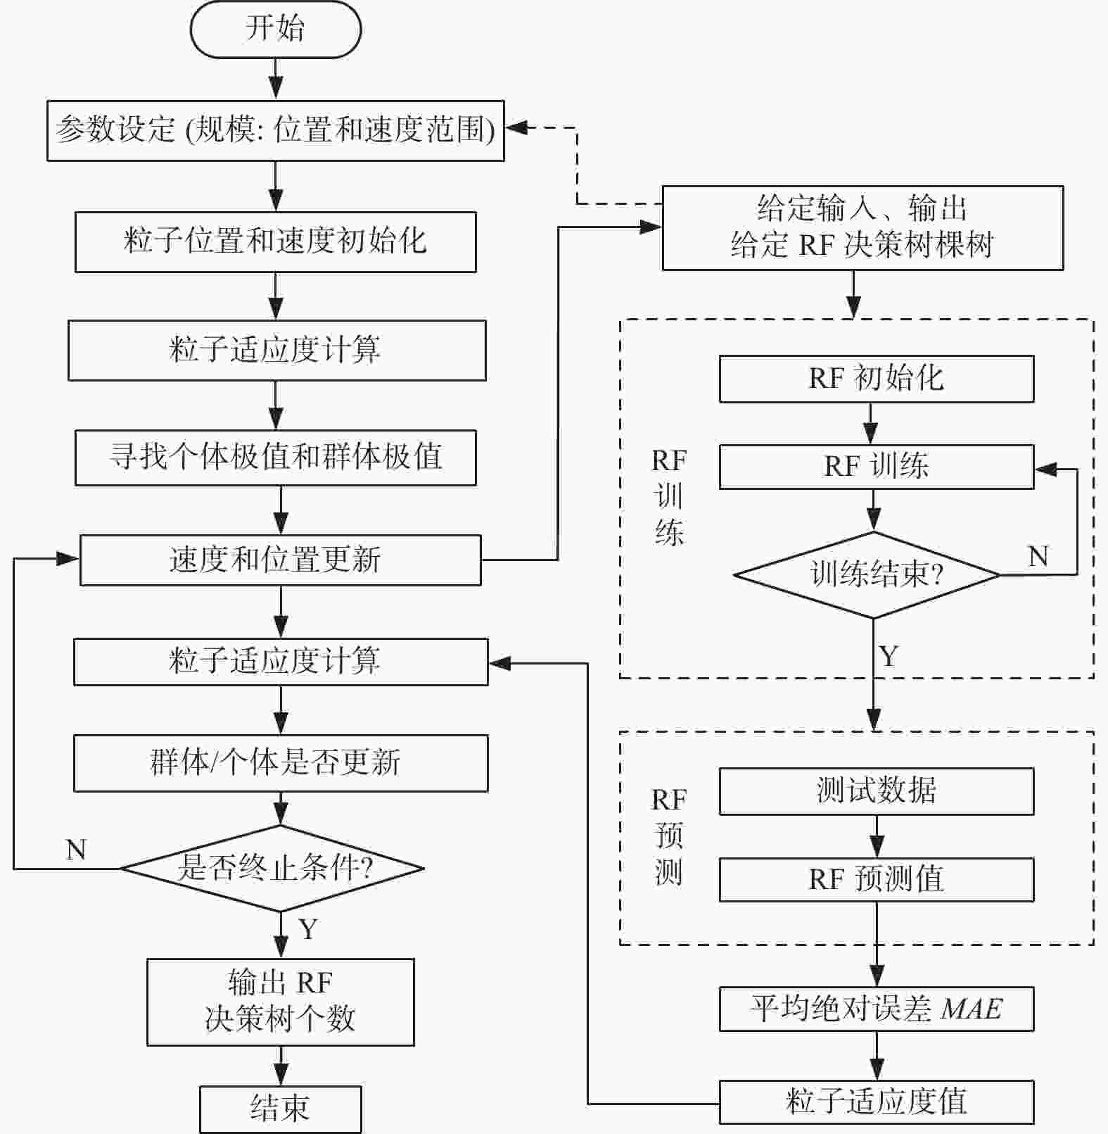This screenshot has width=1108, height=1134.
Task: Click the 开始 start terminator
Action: [275, 30]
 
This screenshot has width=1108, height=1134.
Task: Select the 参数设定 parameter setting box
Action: [275, 130]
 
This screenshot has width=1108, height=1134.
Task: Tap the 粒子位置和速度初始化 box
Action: [275, 241]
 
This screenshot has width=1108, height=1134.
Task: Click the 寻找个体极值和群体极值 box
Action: [275, 457]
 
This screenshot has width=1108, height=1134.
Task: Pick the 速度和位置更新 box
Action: [280, 560]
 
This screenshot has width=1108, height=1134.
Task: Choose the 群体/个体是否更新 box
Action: [280, 763]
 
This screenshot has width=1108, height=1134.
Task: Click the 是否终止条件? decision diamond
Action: [273, 868]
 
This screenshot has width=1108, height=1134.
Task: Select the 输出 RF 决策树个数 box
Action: [280, 1001]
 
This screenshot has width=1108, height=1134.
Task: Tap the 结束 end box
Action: [280, 1109]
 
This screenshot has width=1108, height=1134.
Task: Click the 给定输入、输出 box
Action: [862, 227]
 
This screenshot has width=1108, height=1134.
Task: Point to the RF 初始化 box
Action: [876, 379]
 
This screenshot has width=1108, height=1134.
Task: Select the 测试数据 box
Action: [876, 791]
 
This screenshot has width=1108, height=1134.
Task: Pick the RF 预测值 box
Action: [876, 879]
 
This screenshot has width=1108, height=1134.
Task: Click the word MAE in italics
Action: [972, 1009]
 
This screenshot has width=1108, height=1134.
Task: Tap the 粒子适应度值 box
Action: [876, 1102]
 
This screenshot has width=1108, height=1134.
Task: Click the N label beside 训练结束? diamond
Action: [1038, 557]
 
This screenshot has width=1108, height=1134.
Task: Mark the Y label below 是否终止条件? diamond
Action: [308, 929]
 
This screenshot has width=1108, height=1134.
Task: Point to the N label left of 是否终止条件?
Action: [76, 850]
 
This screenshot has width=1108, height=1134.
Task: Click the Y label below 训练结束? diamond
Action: [889, 656]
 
